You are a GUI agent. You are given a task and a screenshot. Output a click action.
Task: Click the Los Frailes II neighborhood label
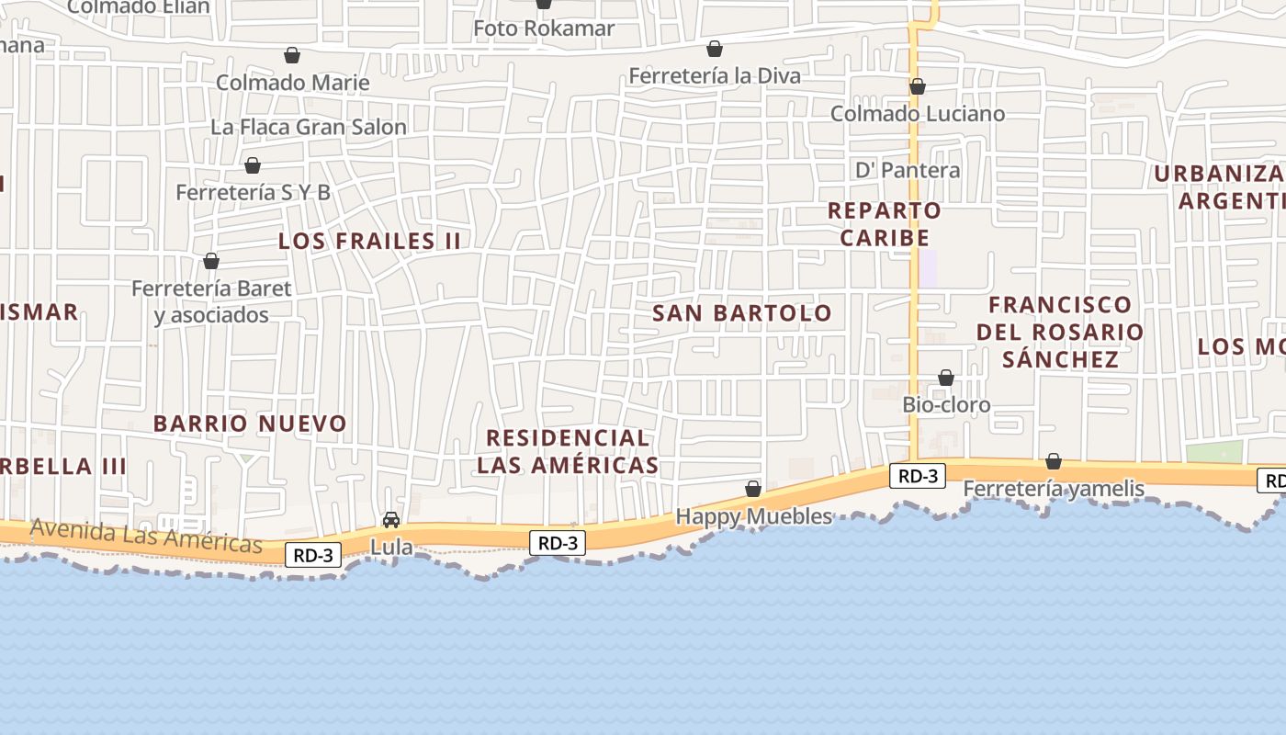click(369, 242)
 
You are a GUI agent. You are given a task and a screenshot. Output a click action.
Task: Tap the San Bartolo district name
click(742, 313)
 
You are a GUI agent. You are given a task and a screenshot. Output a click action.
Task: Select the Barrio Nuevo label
click(250, 424)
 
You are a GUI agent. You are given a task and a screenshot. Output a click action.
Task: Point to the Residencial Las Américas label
click(568, 451)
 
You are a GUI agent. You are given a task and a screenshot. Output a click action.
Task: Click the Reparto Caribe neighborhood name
click(885, 223)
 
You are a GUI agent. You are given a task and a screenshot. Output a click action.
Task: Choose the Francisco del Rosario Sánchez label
click(1060, 332)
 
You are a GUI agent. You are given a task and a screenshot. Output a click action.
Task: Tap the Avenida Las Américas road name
click(146, 536)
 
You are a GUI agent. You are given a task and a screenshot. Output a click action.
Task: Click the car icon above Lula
click(391, 520)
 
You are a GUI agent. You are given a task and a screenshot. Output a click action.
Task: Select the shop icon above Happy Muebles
click(753, 489)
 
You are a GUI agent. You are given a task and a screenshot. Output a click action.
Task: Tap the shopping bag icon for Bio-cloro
click(946, 378)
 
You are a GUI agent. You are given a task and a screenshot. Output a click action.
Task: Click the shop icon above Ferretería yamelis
click(1054, 461)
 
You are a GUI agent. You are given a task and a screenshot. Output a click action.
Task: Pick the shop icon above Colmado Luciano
click(917, 87)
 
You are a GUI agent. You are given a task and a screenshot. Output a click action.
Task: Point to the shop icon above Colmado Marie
click(292, 55)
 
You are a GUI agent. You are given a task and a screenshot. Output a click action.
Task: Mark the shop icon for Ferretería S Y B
click(253, 165)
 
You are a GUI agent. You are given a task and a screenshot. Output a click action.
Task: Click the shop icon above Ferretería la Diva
click(715, 49)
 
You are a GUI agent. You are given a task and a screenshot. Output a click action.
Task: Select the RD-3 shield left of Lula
click(313, 555)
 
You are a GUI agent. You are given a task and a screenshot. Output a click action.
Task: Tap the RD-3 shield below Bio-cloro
click(917, 476)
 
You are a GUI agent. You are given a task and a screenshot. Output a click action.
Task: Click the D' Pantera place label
click(908, 170)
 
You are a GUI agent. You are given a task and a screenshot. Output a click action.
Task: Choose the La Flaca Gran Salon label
click(309, 127)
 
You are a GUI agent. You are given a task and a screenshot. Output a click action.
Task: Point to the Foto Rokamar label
click(544, 28)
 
